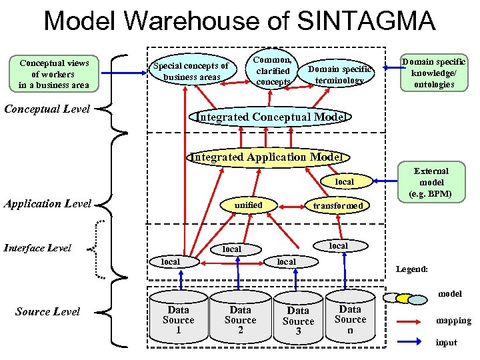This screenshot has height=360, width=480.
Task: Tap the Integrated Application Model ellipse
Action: pos(267,157)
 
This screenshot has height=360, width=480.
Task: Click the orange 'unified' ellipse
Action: pos(247,205)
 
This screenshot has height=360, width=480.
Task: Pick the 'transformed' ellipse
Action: pos(338,205)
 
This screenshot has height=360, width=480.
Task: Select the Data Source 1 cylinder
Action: pos(178,320)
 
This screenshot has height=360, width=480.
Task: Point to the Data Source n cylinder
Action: pos(350,319)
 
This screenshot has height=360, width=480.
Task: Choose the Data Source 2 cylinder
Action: pos(240,320)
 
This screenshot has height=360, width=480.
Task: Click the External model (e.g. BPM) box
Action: pos(431,183)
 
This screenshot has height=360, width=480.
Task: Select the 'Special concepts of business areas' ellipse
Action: pos(191,71)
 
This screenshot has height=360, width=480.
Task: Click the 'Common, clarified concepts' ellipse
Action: pos(273,69)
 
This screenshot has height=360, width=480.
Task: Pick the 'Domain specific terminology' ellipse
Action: pos(339,75)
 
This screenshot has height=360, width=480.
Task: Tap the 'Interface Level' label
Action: pos(38,248)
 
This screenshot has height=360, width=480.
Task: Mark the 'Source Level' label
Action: pos(47,311)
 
